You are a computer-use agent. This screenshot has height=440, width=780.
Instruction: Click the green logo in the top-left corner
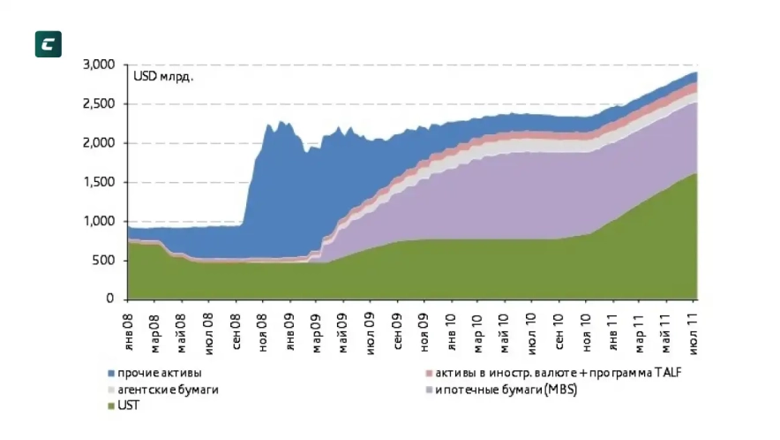tap(48, 44)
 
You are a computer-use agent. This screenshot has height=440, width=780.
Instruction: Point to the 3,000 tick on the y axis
tap(98, 65)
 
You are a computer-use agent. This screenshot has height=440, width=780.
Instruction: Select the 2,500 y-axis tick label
tap(98, 104)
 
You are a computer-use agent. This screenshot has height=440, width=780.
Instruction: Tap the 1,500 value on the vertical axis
tap(98, 182)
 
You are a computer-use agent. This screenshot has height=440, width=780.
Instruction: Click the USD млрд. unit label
tap(163, 77)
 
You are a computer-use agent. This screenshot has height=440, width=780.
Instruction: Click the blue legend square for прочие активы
tap(110, 373)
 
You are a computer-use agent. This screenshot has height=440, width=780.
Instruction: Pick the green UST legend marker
tap(110, 406)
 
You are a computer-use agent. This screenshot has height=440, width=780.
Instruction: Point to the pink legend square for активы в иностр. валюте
tap(428, 373)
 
